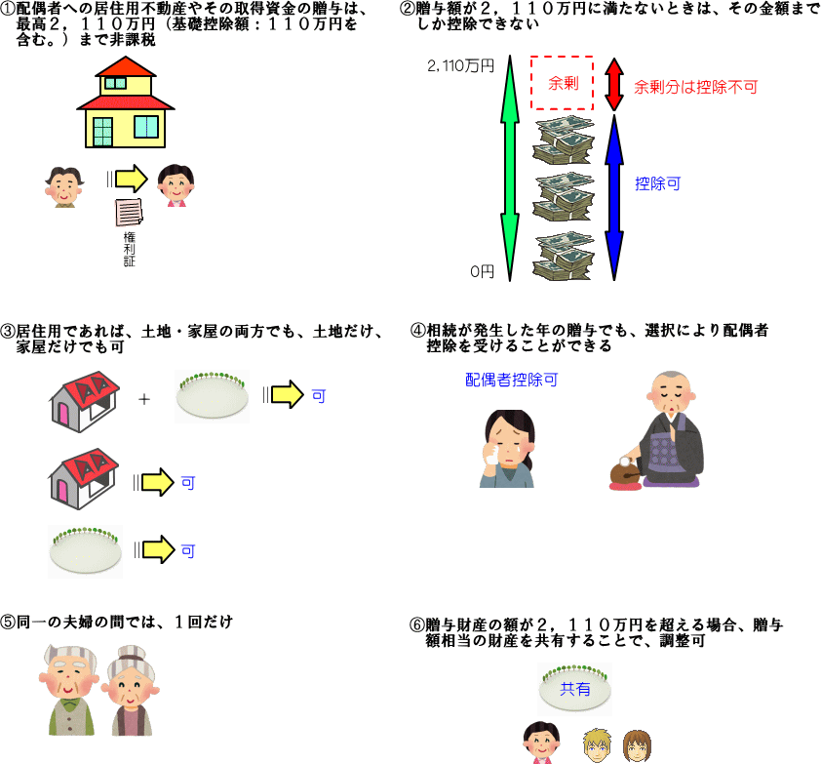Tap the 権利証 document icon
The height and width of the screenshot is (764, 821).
click(128, 211)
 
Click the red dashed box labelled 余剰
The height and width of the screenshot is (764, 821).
click(563, 83)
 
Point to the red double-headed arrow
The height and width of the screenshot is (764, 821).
click(614, 84)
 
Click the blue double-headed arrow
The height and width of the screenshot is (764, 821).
click(614, 195)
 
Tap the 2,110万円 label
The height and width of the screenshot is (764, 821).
click(460, 66)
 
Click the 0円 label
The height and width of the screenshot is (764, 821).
click(482, 271)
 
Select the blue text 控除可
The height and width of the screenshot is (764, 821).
click(657, 182)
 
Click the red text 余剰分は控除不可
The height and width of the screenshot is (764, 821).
click(695, 86)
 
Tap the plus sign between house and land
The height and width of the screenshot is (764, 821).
click(144, 398)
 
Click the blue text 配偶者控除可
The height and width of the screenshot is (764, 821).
click(511, 379)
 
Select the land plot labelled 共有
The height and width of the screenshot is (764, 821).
click(575, 689)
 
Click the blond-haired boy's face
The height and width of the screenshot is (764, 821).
click(595, 744)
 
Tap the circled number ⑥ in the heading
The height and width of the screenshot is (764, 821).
click(417, 625)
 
